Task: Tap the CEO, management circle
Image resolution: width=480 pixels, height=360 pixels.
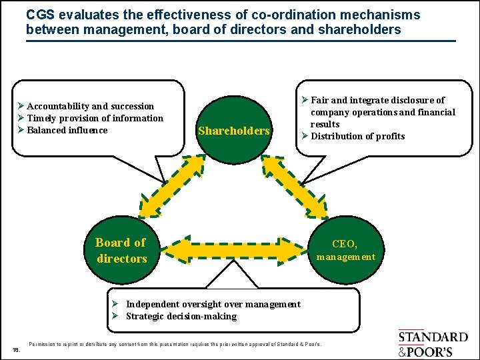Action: coord(345,250)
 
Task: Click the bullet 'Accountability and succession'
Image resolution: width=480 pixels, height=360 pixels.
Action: coord(90,106)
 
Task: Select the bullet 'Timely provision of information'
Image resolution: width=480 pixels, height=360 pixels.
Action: coord(95,118)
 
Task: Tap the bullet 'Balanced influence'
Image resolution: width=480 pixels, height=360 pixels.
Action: coord(67,130)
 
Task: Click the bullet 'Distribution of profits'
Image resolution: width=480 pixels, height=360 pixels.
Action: coord(357,136)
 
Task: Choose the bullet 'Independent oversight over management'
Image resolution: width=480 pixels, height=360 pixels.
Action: coord(213,304)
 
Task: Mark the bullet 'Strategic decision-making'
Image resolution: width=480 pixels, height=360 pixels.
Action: coord(181,316)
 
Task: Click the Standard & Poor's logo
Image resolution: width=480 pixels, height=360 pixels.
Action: coord(433,344)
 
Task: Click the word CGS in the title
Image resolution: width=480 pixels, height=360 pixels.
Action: coord(40,14)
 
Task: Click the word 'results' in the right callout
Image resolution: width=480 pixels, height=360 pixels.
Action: coord(325,124)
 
